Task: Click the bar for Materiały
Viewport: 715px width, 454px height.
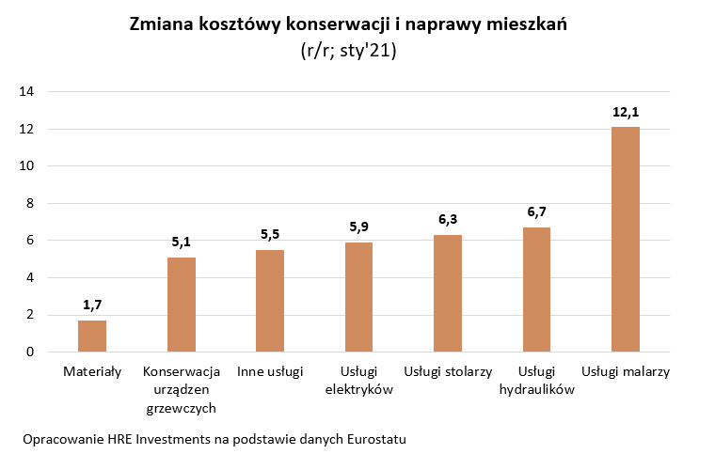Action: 92,336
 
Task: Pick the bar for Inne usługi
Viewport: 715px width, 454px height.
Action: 270,301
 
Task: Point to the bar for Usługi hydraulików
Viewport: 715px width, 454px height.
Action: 536,290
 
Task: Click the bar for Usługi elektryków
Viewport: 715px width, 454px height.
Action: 359,297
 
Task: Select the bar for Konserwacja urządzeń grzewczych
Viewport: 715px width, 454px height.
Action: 182,305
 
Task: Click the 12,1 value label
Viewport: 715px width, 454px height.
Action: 626,112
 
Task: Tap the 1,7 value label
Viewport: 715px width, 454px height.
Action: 92,305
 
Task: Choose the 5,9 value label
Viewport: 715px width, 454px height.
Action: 359,227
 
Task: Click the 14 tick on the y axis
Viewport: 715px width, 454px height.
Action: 26,92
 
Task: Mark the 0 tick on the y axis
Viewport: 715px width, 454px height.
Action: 30,352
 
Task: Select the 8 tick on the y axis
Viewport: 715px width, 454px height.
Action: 30,203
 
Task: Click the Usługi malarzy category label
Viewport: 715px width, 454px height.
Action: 626,371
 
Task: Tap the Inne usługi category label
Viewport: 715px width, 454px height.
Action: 270,371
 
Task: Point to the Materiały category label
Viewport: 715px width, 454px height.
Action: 92,371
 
